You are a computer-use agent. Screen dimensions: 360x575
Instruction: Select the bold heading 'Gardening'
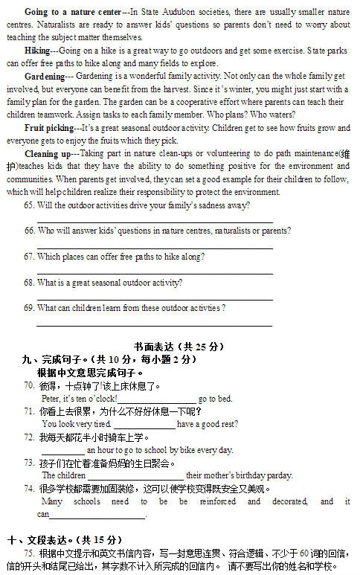[44, 77]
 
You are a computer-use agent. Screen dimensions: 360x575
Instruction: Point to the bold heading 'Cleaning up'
[46, 153]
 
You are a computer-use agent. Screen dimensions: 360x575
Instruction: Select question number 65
[29, 205]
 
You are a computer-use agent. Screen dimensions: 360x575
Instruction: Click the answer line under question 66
[154, 247]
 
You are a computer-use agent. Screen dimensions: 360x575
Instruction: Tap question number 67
[29, 257]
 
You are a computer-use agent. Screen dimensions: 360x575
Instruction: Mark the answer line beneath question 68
[154, 298]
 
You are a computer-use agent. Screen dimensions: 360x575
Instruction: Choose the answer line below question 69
[154, 324]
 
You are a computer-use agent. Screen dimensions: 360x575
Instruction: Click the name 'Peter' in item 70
[51, 399]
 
